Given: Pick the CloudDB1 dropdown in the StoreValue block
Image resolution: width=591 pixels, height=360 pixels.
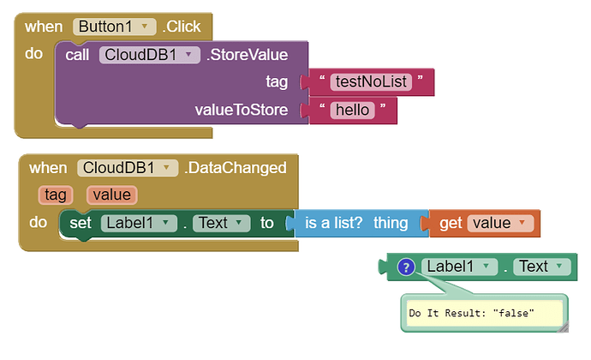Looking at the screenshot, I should [150, 55].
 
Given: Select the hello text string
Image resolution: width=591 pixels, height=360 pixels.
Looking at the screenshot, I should [352, 110].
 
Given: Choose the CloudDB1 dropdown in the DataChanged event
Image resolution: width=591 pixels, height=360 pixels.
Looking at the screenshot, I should [127, 167].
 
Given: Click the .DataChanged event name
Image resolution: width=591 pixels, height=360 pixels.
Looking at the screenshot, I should [235, 167].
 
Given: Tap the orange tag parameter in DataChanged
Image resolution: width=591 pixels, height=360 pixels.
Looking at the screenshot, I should [56, 195].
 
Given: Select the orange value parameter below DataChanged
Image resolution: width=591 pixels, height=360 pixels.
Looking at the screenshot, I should [111, 195].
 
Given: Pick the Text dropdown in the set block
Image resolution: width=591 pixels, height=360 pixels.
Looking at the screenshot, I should [220, 224].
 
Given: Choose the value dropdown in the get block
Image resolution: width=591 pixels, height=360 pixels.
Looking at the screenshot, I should [499, 224].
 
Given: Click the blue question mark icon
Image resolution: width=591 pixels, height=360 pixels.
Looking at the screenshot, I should [407, 267].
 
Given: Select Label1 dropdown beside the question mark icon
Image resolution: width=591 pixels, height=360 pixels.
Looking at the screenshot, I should [458, 267].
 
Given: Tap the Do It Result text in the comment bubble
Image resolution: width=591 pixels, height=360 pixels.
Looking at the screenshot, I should [472, 314].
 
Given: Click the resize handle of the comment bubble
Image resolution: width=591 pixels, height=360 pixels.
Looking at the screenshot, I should [560, 326].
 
